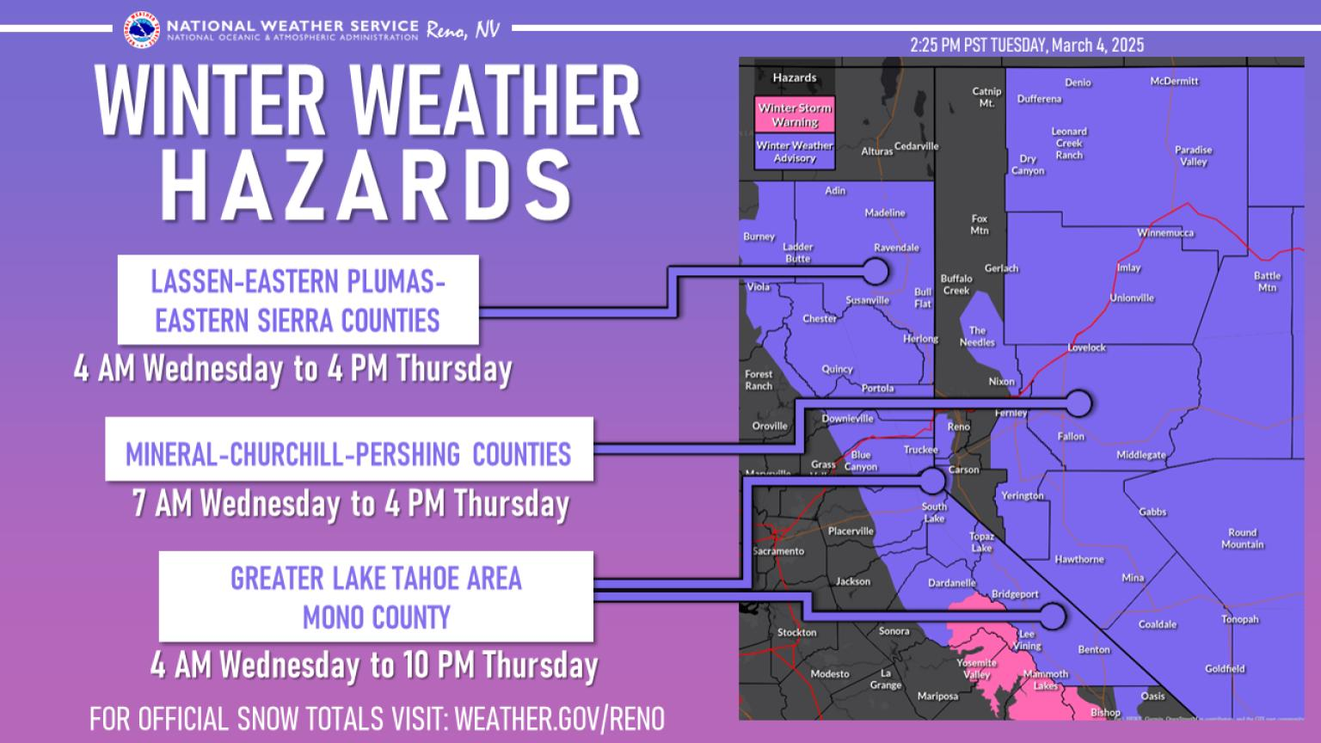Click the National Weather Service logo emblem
141,29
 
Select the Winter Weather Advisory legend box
794,152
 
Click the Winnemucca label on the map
1165,233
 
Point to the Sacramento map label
778,551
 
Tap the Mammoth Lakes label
1045,680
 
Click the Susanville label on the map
867,301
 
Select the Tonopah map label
1239,619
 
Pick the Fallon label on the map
1071,437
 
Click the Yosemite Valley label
976,669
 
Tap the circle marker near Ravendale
875,272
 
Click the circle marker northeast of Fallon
1078,402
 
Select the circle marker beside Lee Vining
1053,616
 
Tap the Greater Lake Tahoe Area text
376,579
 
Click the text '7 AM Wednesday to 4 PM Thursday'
350,504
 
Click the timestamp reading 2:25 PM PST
1027,46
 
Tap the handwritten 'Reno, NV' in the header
462,30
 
